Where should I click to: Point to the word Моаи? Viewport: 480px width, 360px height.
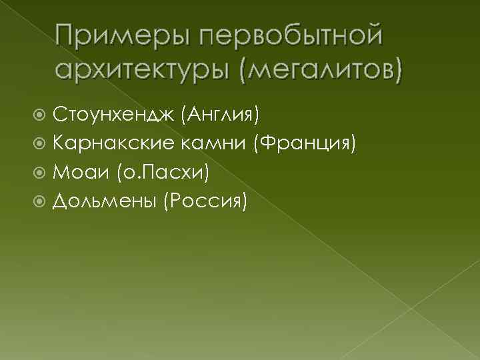point(79,171)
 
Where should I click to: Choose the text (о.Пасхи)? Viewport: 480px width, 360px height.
point(163,172)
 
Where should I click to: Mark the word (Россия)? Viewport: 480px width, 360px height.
point(204,200)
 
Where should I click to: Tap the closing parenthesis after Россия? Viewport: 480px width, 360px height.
point(244,201)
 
